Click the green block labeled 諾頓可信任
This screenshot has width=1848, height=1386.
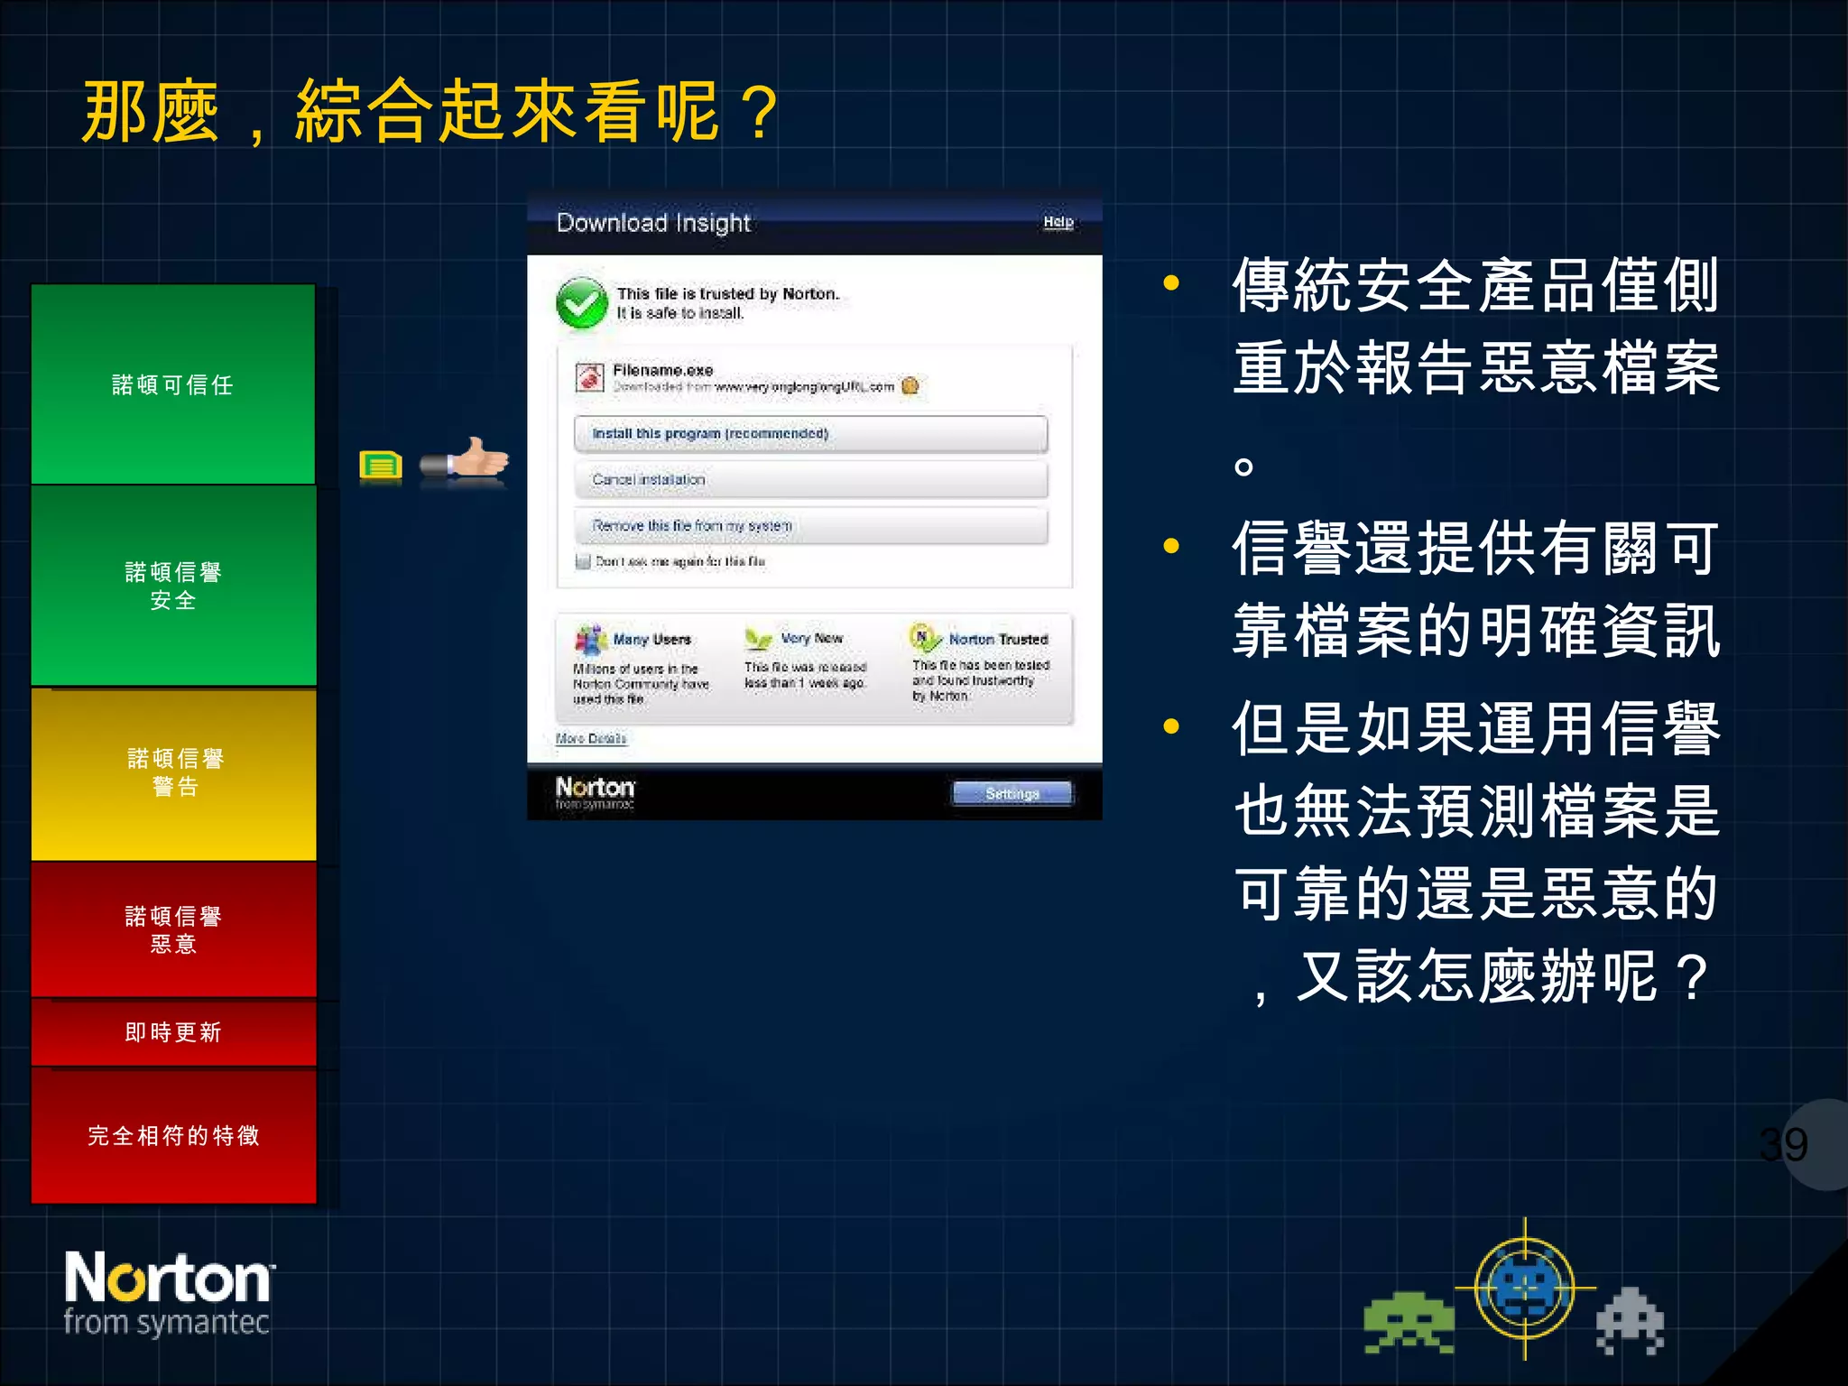point(173,384)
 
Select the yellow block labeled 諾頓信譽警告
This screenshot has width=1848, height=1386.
point(174,772)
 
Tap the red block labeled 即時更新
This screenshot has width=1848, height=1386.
point(174,1032)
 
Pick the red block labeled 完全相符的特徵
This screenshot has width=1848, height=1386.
point(174,1135)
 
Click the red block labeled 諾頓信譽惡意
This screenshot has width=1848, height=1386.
point(174,929)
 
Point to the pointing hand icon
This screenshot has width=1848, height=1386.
point(466,460)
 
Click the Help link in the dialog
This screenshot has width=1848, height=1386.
point(1058,222)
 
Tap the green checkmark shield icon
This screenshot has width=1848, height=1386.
point(582,303)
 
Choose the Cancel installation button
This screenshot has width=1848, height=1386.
point(810,480)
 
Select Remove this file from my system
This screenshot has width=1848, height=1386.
point(810,526)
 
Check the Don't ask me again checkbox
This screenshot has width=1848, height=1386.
point(584,562)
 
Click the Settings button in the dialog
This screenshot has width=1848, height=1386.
point(1012,794)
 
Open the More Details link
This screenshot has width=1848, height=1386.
point(591,739)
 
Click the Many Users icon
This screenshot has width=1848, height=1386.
point(591,640)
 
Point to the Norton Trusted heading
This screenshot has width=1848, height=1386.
point(998,640)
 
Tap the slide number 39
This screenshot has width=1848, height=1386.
point(1784,1145)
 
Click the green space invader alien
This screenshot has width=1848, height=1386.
point(1409,1323)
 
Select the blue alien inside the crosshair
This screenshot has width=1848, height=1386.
point(1525,1288)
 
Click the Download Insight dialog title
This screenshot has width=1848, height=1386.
point(653,223)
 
